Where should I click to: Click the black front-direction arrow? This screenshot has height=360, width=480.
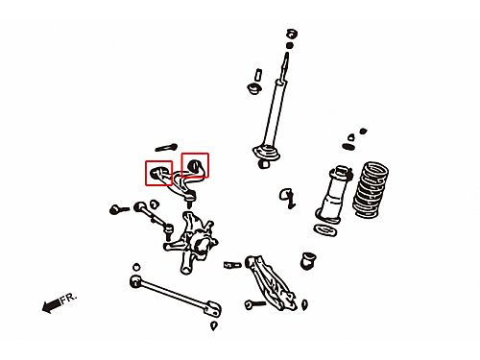[x=51, y=305]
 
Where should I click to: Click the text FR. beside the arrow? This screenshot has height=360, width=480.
[x=69, y=299]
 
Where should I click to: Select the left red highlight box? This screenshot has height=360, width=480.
[x=158, y=173]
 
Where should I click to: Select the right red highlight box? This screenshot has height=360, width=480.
[x=195, y=165]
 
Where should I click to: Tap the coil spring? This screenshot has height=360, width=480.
[x=371, y=189]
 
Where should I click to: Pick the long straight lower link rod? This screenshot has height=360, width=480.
[x=176, y=296]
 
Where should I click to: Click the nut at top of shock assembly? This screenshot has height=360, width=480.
[x=291, y=34]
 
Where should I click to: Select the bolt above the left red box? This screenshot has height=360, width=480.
[x=166, y=148]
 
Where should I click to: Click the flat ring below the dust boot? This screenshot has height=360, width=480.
[x=325, y=230]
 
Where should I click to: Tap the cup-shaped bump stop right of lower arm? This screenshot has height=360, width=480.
[x=308, y=260]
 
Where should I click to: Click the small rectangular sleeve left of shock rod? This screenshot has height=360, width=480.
[x=258, y=76]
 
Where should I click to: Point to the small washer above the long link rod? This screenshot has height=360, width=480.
[x=136, y=267]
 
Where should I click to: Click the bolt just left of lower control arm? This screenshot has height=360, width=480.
[x=232, y=265]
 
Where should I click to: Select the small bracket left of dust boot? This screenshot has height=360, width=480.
[x=287, y=198]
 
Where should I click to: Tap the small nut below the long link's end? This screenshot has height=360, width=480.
[x=214, y=325]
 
